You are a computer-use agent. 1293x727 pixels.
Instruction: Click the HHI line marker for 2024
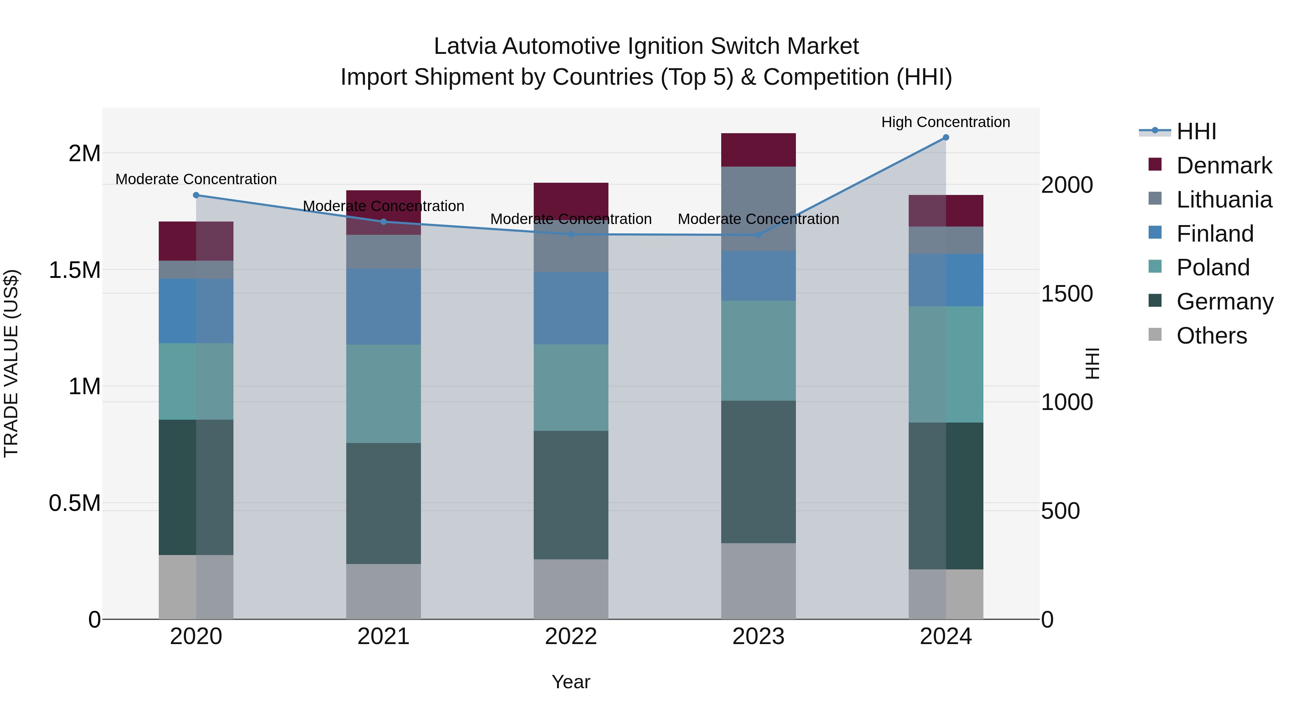tap(946, 137)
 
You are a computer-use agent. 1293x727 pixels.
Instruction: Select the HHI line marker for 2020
tap(196, 195)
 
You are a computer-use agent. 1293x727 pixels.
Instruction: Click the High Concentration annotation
tap(945, 122)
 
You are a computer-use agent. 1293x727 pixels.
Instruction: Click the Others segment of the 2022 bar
tap(571, 589)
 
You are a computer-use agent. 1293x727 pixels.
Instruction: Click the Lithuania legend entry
tap(1224, 199)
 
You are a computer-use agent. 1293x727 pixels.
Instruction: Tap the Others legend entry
tap(1211, 335)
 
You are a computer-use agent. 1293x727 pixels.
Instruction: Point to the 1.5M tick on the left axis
tap(75, 270)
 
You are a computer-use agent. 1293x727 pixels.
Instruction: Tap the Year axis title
tap(571, 682)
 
